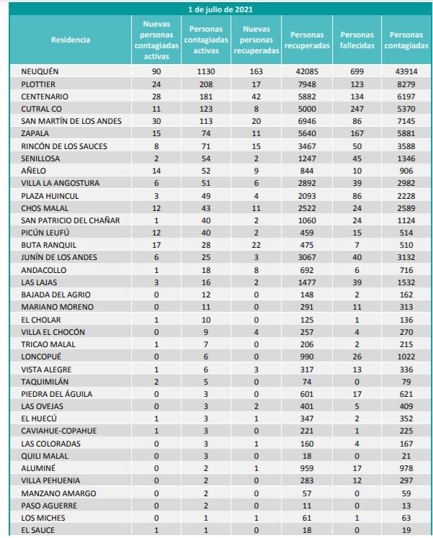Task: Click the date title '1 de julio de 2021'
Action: click(x=220, y=9)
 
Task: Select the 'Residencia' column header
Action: click(x=71, y=40)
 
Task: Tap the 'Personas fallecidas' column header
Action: click(x=357, y=40)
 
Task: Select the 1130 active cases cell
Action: click(x=207, y=72)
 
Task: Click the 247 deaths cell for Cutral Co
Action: click(x=357, y=109)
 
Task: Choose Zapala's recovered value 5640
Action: click(x=307, y=134)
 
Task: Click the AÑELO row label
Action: click(x=35, y=171)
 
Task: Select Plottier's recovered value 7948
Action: click(x=307, y=84)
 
